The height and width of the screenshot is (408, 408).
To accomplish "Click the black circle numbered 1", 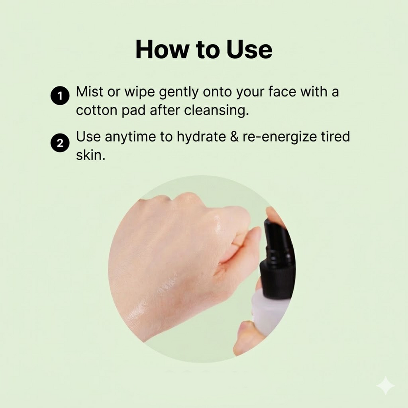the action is (x=60, y=96).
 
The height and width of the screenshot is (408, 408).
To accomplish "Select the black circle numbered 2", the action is (x=60, y=143).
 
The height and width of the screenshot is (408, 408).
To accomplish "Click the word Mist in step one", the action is (x=90, y=92).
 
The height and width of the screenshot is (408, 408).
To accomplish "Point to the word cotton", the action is (x=96, y=110).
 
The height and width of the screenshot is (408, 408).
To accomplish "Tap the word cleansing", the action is (x=216, y=111).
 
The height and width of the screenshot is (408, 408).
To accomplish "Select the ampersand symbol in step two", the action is (x=234, y=137).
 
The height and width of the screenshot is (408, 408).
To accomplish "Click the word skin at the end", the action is (x=90, y=155).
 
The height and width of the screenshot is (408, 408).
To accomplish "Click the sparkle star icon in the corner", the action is (x=385, y=386).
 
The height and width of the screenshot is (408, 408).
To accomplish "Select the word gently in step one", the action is (x=178, y=92).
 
